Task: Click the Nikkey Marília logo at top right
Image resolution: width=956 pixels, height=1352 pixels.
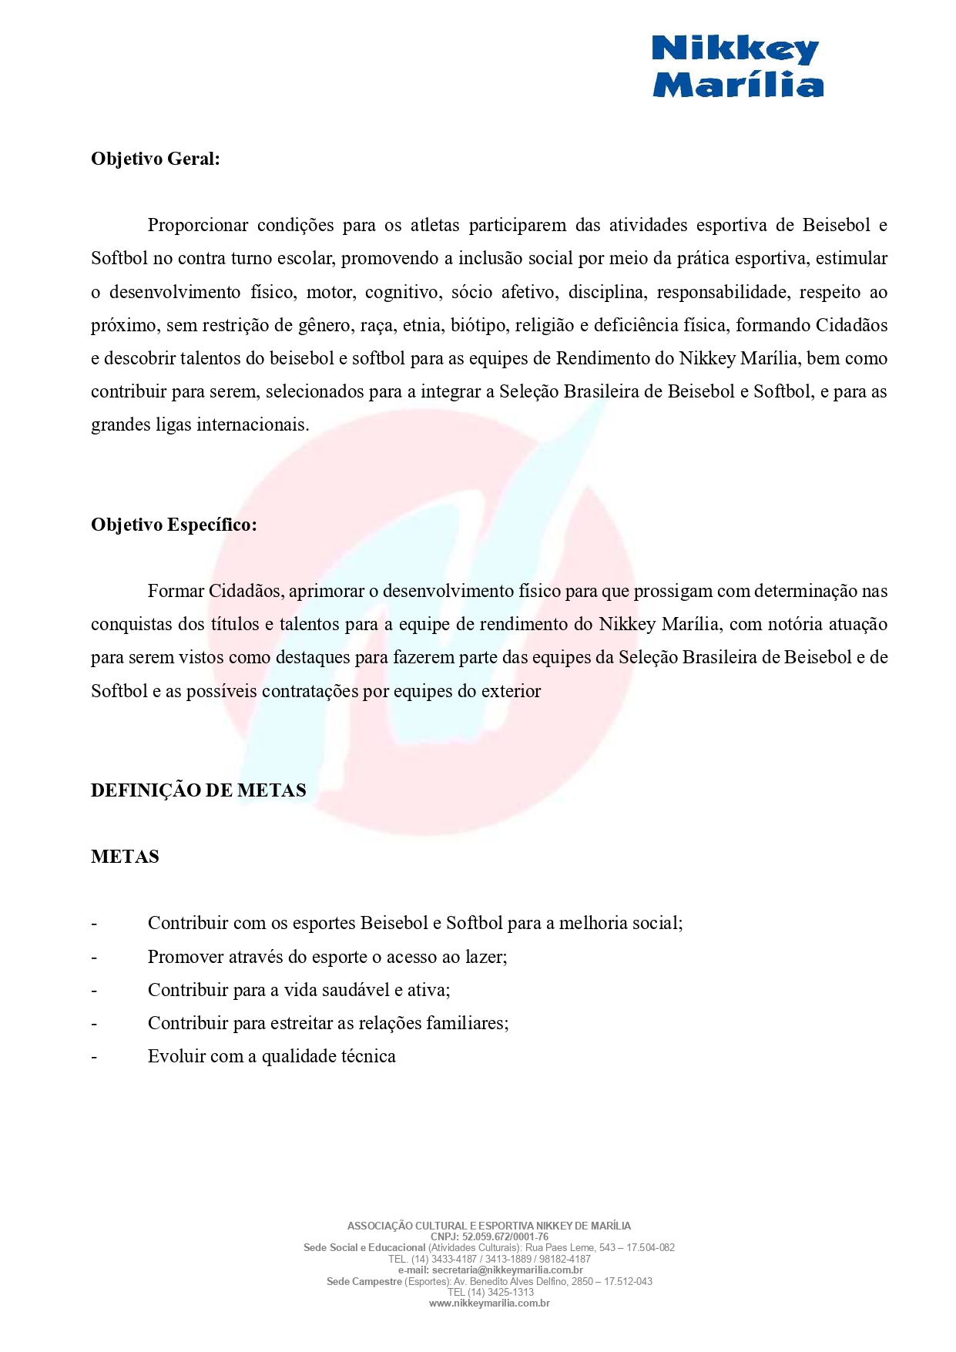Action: (x=737, y=67)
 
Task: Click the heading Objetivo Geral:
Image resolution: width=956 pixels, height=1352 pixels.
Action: (x=155, y=159)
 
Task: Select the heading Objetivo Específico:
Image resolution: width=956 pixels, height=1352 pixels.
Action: (x=173, y=525)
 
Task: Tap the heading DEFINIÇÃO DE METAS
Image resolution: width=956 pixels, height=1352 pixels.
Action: (x=198, y=790)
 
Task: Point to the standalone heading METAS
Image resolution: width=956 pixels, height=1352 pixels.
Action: (x=125, y=857)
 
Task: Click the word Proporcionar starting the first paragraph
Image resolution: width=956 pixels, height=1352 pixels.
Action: (x=197, y=226)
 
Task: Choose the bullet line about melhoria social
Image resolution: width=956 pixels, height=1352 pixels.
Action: (x=414, y=923)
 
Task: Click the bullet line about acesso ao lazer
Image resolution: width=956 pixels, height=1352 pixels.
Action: (x=327, y=957)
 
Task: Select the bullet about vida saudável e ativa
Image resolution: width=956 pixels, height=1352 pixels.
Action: (x=298, y=990)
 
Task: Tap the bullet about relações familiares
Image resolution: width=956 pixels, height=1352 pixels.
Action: (x=327, y=1023)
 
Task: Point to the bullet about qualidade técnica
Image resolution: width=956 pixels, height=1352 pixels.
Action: (x=271, y=1056)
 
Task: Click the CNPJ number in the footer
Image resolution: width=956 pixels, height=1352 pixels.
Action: (x=505, y=1236)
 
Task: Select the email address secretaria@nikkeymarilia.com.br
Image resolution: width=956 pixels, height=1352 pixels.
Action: (x=507, y=1270)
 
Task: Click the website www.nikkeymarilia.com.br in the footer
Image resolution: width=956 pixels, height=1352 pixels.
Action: (x=489, y=1303)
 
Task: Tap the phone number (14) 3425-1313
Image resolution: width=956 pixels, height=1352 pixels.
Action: (x=501, y=1292)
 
